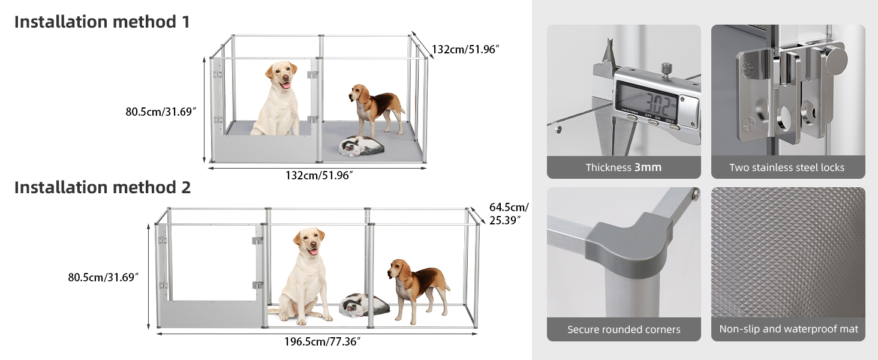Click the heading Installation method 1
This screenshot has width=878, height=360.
tap(102, 22)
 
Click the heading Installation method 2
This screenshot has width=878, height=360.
tap(103, 187)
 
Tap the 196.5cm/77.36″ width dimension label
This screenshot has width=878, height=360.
tap(322, 341)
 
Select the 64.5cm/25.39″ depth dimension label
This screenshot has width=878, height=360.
tap(509, 214)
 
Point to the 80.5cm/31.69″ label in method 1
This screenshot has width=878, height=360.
tap(161, 112)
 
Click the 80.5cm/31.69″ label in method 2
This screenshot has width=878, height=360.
tap(103, 277)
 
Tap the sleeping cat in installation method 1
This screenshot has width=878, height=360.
tap(362, 146)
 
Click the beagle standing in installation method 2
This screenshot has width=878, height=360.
tap(419, 290)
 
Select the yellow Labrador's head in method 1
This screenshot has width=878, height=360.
tap(281, 75)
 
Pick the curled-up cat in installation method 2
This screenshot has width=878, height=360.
tap(364, 305)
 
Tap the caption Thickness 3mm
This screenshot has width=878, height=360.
tap(624, 167)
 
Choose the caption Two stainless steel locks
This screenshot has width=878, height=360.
tap(787, 167)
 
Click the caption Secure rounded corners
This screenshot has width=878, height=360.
tap(624, 329)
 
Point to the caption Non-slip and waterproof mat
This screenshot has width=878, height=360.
tap(788, 329)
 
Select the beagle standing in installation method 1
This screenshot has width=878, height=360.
tap(377, 109)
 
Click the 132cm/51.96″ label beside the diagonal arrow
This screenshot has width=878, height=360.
tap(465, 49)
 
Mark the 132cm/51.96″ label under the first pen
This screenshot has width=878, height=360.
tap(319, 175)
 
